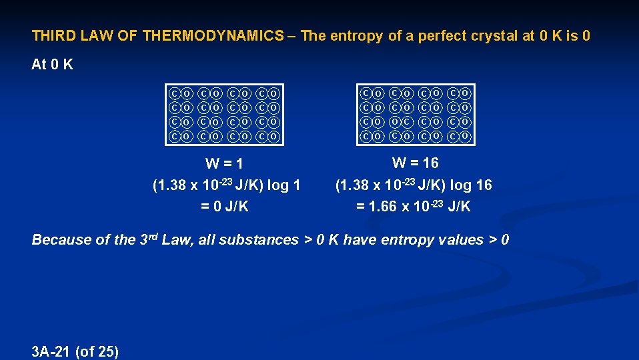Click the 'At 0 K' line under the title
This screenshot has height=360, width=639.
pos(53,65)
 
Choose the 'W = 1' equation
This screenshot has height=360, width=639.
pos(224,163)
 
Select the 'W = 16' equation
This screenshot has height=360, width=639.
pos(415,162)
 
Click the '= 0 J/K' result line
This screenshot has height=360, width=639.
pos(225,207)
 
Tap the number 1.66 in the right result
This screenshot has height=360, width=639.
pos(382,207)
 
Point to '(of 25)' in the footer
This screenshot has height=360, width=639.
pos(97,351)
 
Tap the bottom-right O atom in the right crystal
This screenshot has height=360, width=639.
pos(466,137)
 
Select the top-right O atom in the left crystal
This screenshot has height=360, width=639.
pos(273,94)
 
